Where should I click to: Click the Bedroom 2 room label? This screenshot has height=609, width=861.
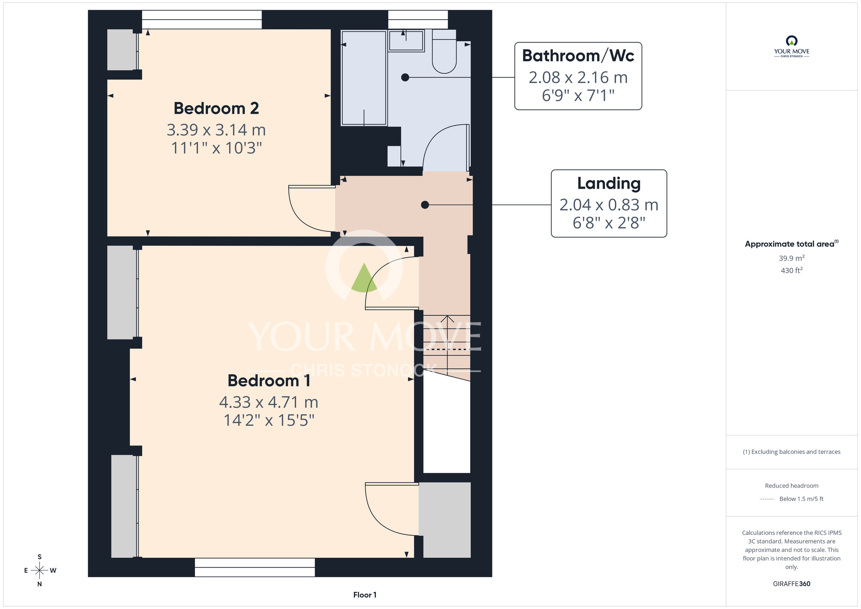[216, 109]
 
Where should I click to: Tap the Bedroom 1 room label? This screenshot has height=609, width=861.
[269, 381]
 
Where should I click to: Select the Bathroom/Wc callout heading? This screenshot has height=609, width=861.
[578, 56]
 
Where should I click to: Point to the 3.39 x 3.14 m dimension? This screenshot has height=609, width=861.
[216, 130]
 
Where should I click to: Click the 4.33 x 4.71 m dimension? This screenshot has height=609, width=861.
[269, 402]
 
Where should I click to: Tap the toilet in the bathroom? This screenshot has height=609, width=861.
[444, 51]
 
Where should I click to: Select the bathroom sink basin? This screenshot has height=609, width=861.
[406, 40]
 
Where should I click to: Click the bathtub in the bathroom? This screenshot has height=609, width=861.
[364, 78]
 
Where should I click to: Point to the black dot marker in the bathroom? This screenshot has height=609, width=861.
[405, 78]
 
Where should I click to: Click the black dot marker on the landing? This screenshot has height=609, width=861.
[425, 205]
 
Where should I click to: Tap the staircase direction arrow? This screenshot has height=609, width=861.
[447, 345]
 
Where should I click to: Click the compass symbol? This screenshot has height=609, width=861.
[40, 571]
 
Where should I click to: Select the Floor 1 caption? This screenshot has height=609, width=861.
[365, 595]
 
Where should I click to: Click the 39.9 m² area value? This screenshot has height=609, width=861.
[792, 258]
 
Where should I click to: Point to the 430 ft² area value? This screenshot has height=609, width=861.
[792, 270]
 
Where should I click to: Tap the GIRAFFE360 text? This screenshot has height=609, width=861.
[792, 584]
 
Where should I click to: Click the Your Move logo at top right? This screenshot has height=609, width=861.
[792, 47]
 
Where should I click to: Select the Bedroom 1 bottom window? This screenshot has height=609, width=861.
[255, 567]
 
